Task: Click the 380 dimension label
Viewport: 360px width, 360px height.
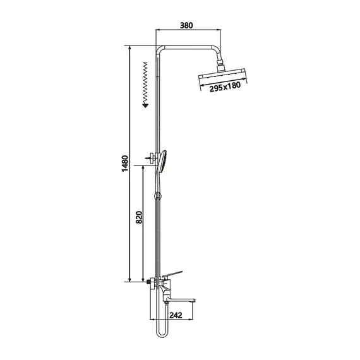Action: (186, 25)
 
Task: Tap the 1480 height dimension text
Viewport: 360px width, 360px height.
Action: (125, 164)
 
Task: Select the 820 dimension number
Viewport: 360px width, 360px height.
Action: (139, 217)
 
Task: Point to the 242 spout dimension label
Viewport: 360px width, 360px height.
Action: (176, 315)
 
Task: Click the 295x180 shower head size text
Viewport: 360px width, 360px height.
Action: (225, 87)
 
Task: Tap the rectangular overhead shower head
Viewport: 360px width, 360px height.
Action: (222, 76)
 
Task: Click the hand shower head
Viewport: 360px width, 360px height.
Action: (162, 160)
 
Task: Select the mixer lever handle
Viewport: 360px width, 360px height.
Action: (172, 273)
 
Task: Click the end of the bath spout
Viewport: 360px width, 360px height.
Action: (195, 300)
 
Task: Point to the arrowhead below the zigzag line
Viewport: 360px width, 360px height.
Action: (145, 105)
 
